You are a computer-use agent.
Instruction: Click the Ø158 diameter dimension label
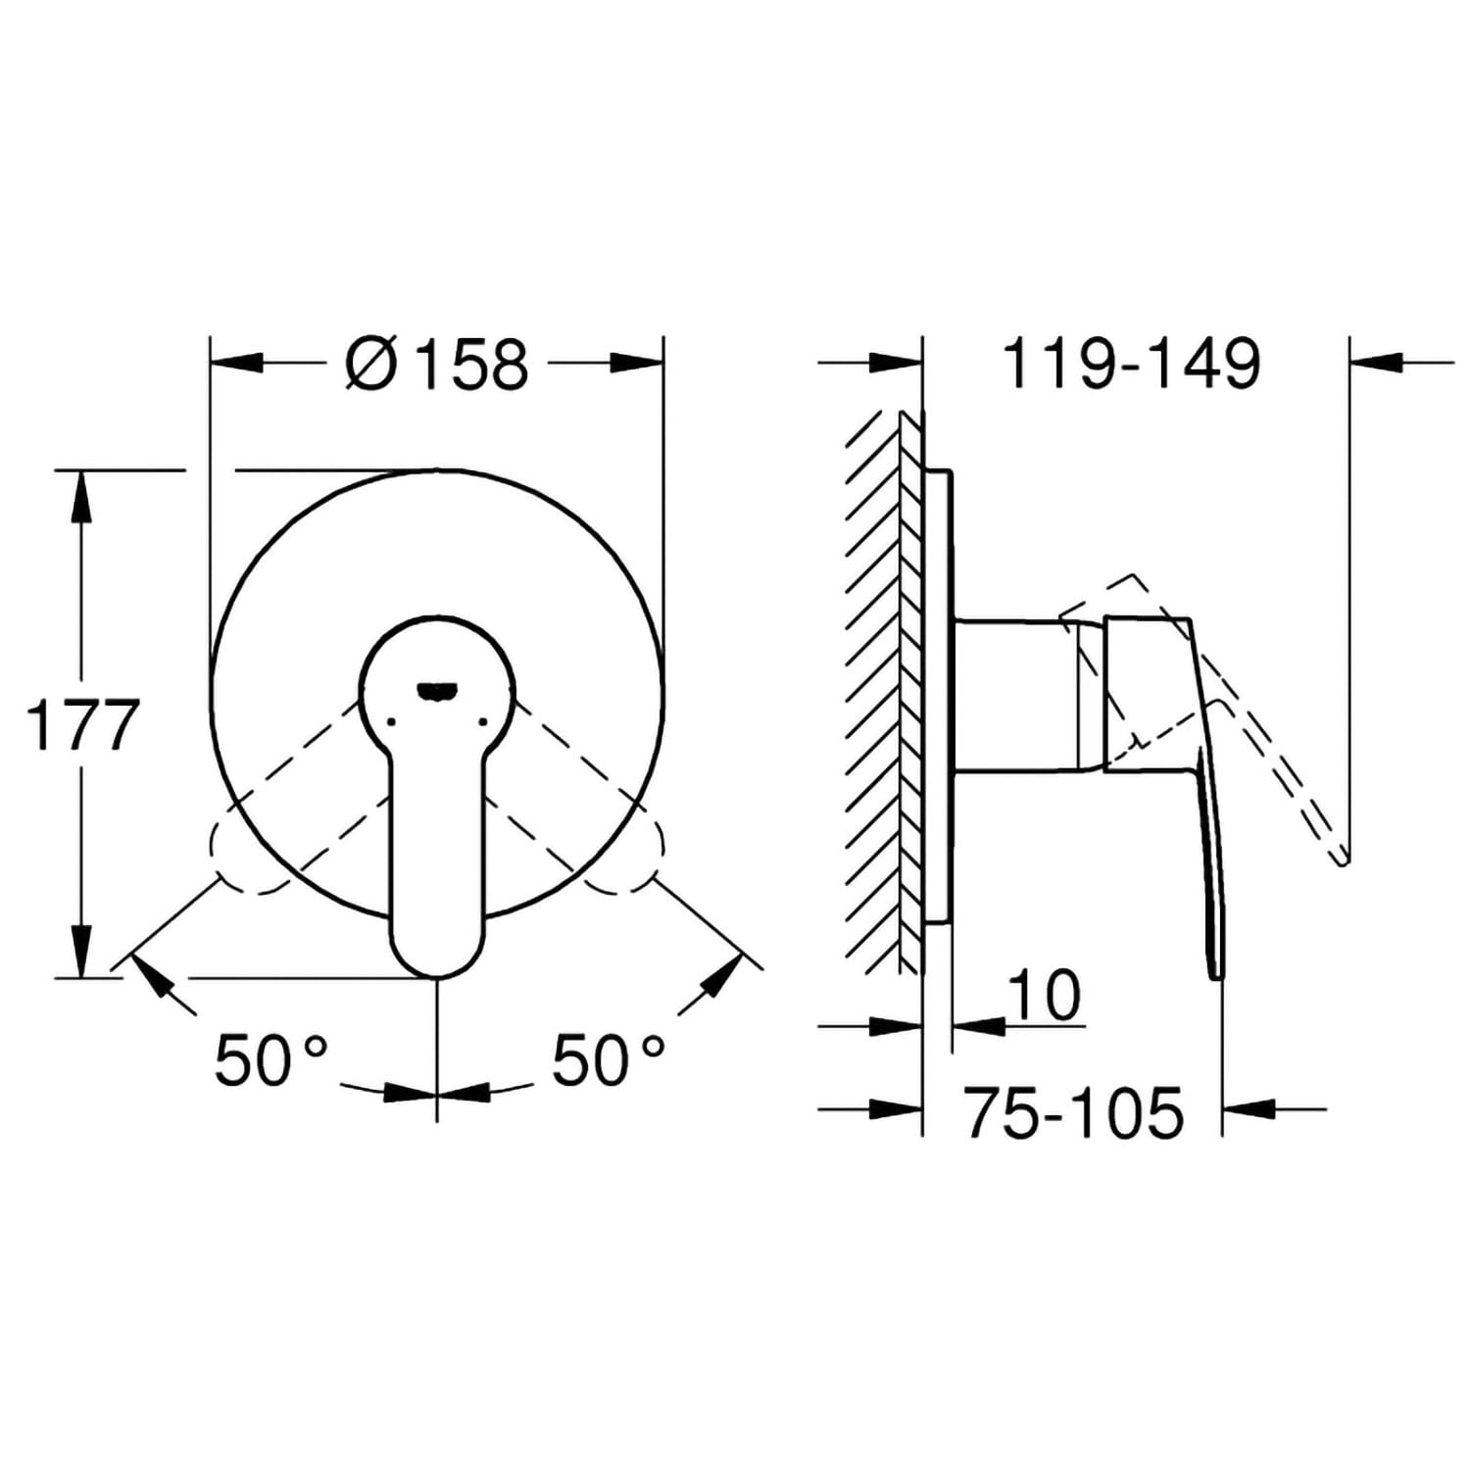[x=437, y=364]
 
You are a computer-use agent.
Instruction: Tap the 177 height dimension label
[x=82, y=725]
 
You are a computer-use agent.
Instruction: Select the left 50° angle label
[x=270, y=1060]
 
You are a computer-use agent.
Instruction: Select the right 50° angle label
[x=609, y=1060]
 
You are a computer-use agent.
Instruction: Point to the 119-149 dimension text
[x=1131, y=364]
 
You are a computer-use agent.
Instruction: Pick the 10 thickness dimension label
[x=1044, y=995]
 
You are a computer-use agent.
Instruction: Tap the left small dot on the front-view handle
[x=391, y=722]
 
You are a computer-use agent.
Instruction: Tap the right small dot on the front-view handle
[x=482, y=722]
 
